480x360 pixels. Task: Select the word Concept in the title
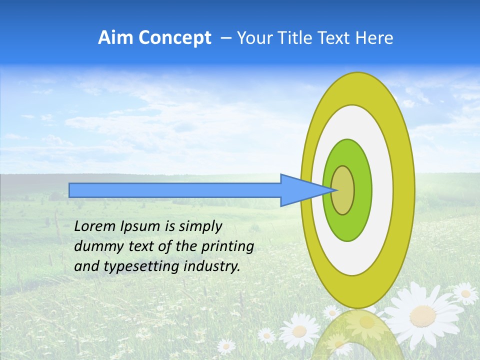pyautogui.click(x=174, y=38)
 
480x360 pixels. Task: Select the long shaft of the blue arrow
pyautogui.click(x=175, y=190)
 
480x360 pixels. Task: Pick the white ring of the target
pyautogui.click(x=382, y=190)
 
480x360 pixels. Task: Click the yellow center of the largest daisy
pyautogui.click(x=423, y=315)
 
